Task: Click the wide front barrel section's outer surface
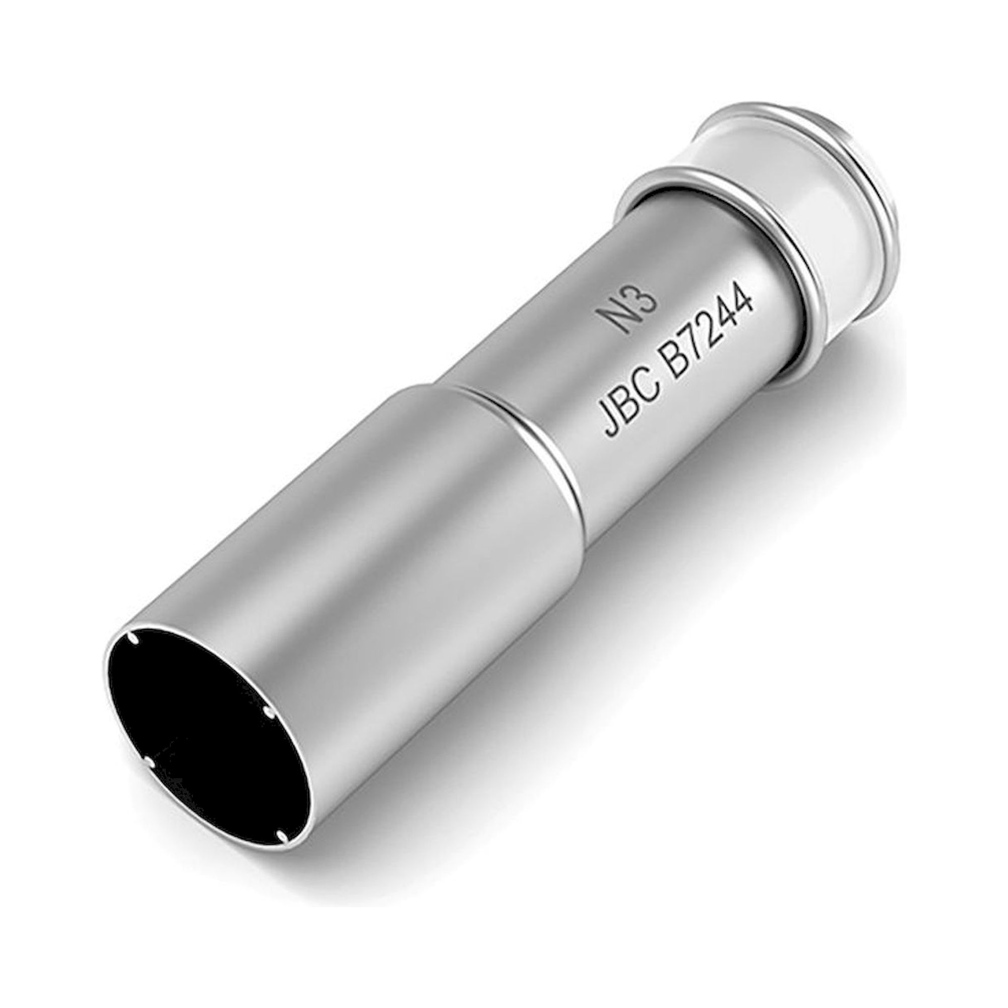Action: [x=365, y=600]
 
